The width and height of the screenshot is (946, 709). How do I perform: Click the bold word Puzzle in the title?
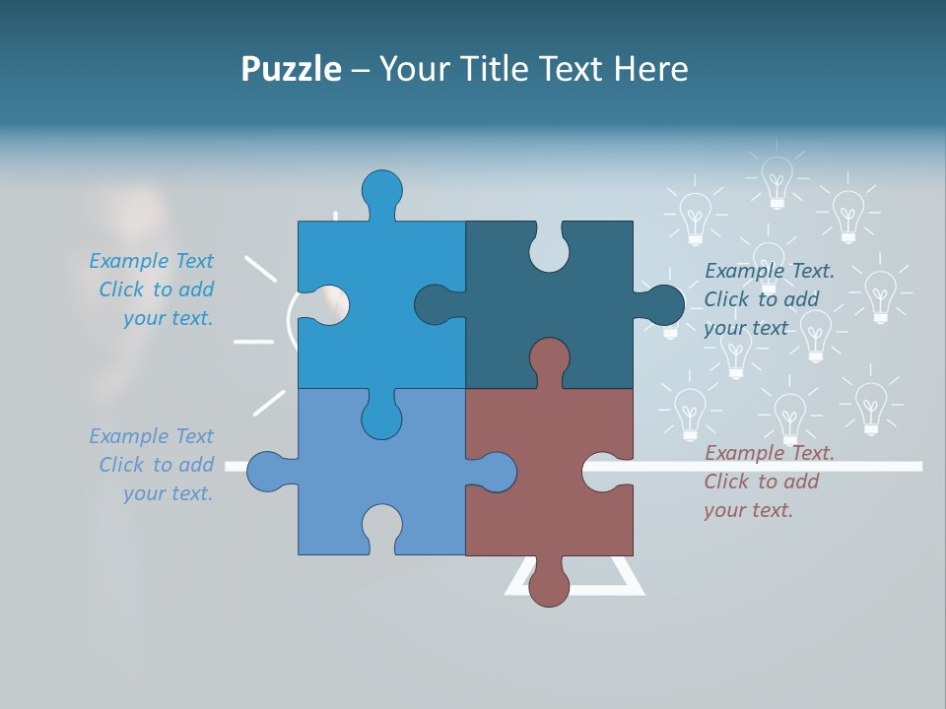tap(291, 69)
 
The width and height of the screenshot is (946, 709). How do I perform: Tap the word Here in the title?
tap(650, 69)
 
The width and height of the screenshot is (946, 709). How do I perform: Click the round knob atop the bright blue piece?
tap(382, 191)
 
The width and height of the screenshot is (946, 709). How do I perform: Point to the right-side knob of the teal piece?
tap(662, 304)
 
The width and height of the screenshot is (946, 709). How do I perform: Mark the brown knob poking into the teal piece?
tap(549, 359)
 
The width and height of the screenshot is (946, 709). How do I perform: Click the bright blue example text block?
tap(153, 290)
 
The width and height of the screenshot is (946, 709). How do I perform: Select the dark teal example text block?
tap(768, 299)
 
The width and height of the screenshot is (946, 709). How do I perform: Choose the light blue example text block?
tap(153, 465)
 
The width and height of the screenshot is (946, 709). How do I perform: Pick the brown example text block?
tap(768, 482)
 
